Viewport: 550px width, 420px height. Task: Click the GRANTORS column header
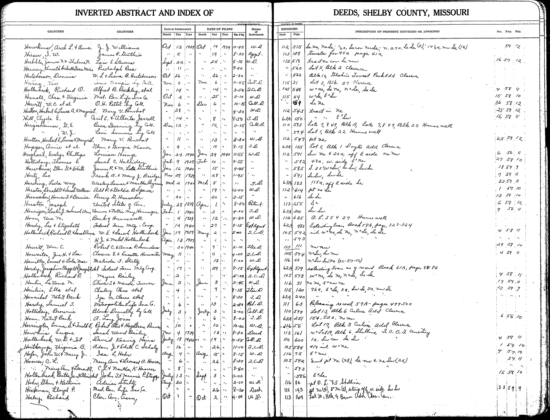125,32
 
